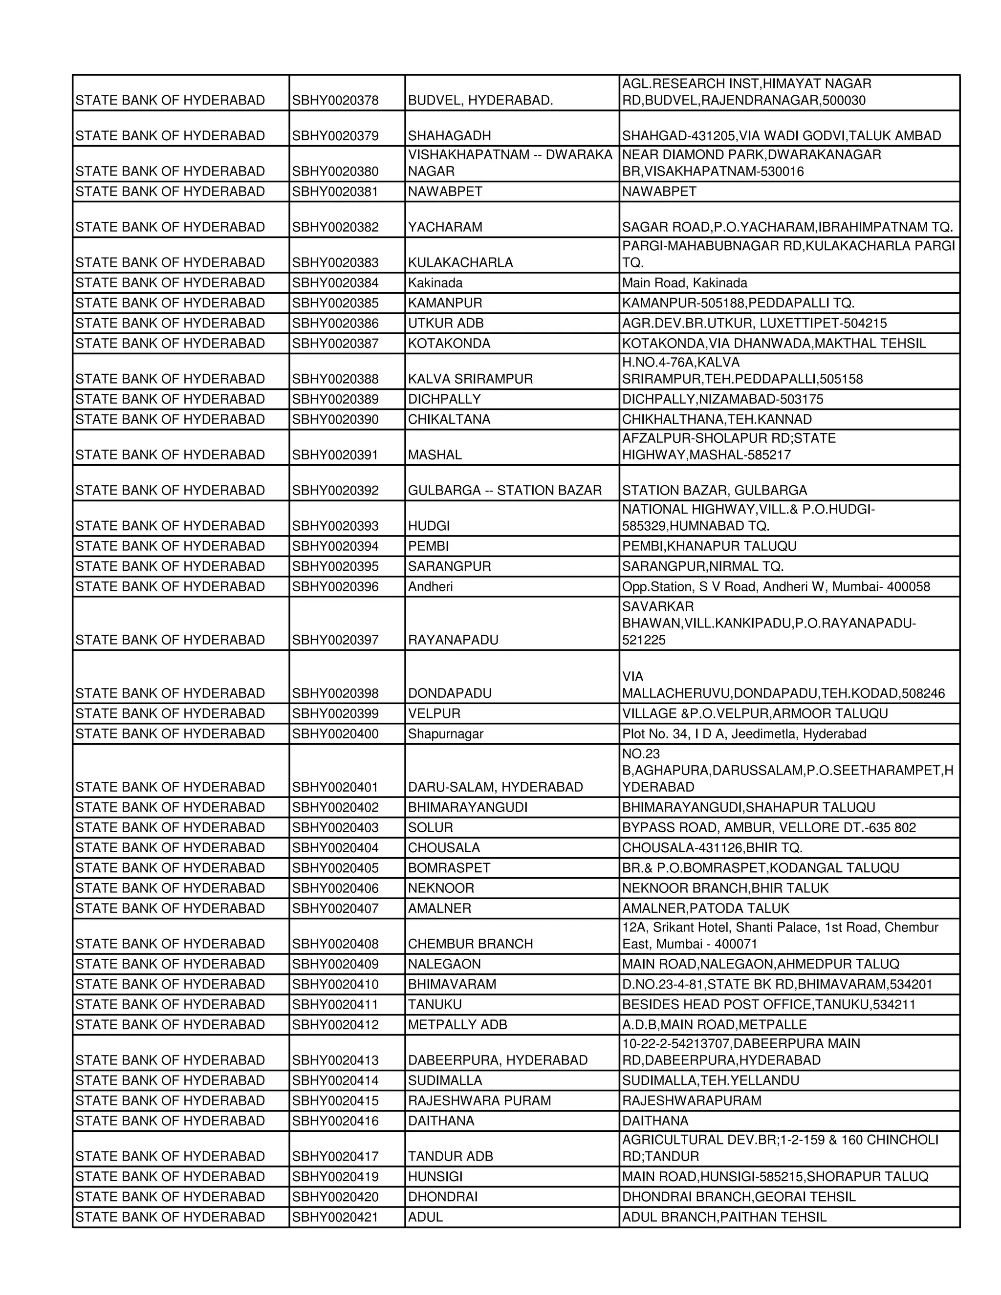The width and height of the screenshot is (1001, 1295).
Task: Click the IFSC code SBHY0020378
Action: pos(335,100)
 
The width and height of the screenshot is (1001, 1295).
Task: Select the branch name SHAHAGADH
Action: pos(450,136)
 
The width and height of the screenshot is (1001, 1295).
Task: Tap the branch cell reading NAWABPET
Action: pos(445,192)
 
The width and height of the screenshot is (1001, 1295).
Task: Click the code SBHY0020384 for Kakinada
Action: pos(335,283)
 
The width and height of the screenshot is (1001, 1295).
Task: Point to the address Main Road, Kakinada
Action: pos(684,283)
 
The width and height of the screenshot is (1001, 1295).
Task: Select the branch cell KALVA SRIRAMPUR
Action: pos(470,379)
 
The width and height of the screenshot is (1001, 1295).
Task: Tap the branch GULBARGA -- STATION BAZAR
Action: pos(504,490)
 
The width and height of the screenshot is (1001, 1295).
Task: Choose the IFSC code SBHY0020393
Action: pos(335,526)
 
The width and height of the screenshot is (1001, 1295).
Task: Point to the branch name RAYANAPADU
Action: pos(453,640)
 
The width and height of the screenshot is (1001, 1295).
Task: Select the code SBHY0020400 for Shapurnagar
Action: pos(335,734)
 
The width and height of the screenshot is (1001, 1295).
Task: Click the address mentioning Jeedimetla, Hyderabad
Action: pos(743,734)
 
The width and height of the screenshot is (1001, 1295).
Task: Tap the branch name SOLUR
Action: pos(431,827)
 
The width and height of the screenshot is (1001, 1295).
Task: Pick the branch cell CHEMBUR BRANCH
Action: pos(470,943)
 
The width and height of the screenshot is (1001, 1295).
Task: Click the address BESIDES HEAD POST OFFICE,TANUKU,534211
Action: pos(768,1004)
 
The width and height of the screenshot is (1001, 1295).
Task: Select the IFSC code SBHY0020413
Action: pos(335,1059)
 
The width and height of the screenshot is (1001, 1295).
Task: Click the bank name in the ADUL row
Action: pos(170,1216)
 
